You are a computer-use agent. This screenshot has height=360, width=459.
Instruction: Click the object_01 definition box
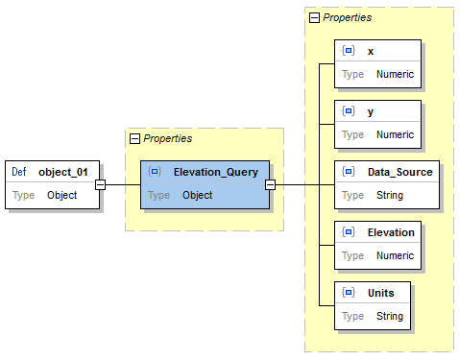pos(53,184)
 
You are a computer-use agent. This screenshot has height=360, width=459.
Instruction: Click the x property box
pos(376,63)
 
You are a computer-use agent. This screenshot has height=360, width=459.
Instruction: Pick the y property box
pos(376,123)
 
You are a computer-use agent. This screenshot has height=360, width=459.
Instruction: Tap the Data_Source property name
pos(399,172)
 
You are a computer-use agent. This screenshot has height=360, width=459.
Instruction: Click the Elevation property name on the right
pos(391,232)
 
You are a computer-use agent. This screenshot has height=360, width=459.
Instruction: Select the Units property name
pos(381,292)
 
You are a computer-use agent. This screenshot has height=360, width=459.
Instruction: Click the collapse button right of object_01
pos(100,184)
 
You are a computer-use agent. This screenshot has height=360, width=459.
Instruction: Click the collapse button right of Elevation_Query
pos(270,184)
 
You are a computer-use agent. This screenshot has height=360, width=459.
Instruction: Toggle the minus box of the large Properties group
pos(314,17)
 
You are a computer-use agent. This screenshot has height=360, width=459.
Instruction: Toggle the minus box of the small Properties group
pos(134,139)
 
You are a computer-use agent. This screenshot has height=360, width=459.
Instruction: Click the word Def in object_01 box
pos(19,172)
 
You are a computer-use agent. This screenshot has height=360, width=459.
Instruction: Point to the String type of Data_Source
pos(389,195)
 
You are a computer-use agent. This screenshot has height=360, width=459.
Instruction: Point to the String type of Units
pos(389,315)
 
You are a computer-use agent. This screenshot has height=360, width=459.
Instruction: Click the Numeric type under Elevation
pos(395,255)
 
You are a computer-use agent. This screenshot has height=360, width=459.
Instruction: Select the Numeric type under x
pos(395,74)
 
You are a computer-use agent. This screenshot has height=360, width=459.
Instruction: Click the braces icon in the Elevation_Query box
pos(155,172)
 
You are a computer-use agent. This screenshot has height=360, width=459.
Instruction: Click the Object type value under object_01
pos(62,195)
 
